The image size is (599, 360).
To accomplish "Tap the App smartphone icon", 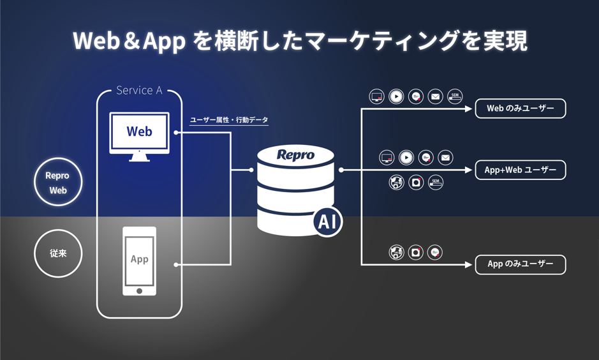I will [139, 260].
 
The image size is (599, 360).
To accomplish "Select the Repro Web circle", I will [58, 183].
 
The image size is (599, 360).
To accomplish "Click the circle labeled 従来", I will [58, 253].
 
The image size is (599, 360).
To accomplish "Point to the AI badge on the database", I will [327, 221].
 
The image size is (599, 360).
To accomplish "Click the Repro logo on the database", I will [295, 155].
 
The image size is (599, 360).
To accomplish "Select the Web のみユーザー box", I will [520, 109].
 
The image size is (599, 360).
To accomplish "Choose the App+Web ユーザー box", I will [520, 170].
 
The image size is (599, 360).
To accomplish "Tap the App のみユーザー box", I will [520, 264].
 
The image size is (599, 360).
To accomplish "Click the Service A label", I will [139, 91].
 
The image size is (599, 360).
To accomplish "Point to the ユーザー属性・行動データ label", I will [229, 120].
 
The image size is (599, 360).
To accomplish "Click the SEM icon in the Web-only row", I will [455, 96].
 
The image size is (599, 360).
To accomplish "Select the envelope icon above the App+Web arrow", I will [445, 157].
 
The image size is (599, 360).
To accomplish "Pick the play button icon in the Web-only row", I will [396, 96].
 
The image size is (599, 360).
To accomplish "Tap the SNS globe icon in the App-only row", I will [396, 253].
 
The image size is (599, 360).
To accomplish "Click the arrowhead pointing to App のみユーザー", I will [469, 264].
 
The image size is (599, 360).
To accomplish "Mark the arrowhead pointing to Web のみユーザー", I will [469, 109].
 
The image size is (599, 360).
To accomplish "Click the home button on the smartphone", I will [139, 291].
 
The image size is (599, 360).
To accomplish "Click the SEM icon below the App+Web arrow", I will [436, 183].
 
